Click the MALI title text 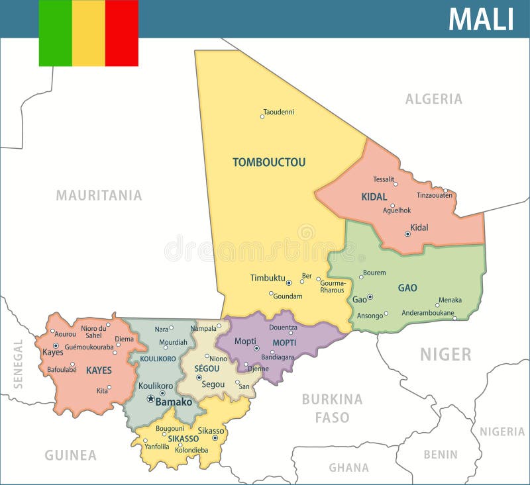click(x=481, y=19)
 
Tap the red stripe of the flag click(x=121, y=33)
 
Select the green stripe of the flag click(x=55, y=33)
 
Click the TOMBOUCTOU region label click(x=269, y=162)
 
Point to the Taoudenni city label click(x=278, y=112)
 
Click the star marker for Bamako click(x=150, y=399)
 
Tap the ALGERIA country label click(x=434, y=99)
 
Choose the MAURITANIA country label click(x=99, y=195)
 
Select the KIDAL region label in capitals click(x=374, y=197)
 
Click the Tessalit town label click(x=384, y=179)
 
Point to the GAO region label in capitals click(x=407, y=288)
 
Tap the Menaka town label click(x=450, y=300)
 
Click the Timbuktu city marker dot click(x=289, y=283)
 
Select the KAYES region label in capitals click(x=99, y=371)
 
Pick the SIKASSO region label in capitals click(x=183, y=438)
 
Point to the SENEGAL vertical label click(x=18, y=363)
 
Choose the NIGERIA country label click(x=502, y=431)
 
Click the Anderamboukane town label click(x=428, y=313)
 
